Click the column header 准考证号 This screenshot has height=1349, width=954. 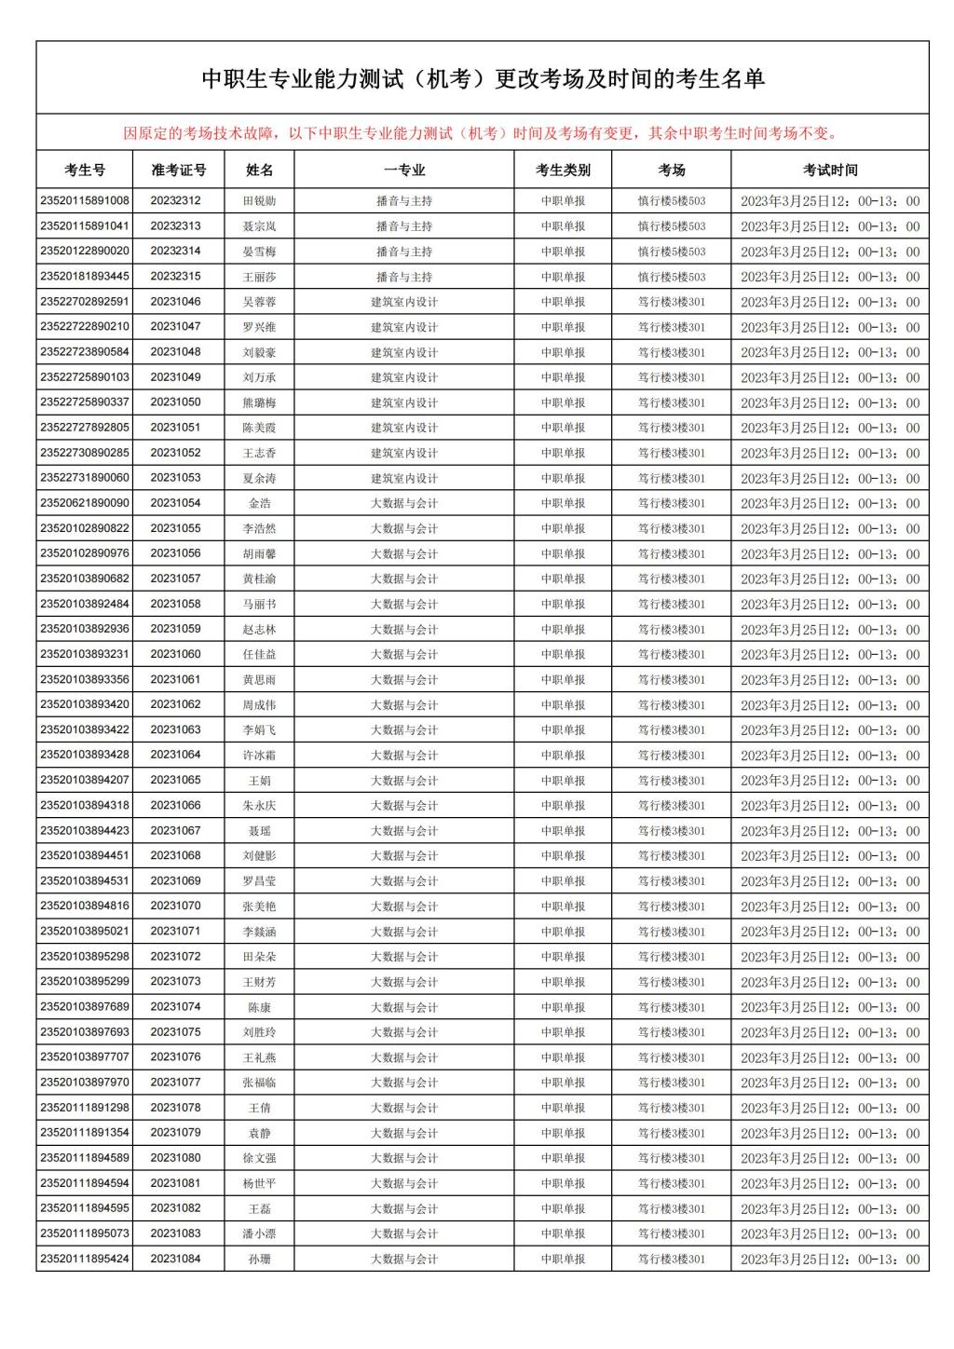[179, 170]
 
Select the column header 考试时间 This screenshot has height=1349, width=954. [829, 170]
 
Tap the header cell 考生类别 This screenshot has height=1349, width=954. [563, 170]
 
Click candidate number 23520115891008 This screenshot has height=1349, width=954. [85, 200]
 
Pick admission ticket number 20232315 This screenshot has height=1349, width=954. [175, 276]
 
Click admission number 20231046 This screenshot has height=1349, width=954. [175, 301]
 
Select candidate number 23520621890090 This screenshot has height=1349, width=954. [85, 503]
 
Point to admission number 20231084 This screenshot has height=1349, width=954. [175, 1259]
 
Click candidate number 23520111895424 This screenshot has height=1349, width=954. [85, 1259]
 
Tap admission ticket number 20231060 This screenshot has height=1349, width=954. [175, 654]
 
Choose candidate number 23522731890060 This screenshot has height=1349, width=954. [85, 478]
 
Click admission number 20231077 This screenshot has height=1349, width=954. [175, 1083]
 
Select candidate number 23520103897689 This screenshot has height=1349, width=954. [85, 1007]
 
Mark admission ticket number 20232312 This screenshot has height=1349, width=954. [175, 200]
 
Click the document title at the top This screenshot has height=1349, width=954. [483, 79]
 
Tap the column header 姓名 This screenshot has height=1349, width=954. [260, 170]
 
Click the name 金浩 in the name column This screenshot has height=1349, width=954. [260, 503]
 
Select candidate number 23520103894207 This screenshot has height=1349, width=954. [85, 780]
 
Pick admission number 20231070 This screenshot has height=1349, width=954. [175, 906]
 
